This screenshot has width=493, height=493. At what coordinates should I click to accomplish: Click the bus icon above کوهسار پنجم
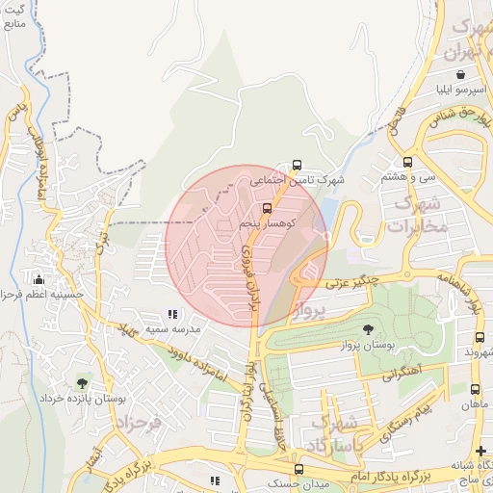point(267,207)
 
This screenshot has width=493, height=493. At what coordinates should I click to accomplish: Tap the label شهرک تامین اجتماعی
point(298,180)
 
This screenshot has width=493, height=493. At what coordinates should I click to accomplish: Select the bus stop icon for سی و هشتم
point(407,162)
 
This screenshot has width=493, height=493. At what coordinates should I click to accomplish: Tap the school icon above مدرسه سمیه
point(172,314)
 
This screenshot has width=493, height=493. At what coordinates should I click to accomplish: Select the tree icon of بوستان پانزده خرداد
point(80,383)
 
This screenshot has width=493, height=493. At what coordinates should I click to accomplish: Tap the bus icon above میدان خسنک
point(298,468)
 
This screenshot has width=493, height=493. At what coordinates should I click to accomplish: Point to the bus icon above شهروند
point(480,337)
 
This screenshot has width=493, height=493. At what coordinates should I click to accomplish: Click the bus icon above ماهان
point(475,389)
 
